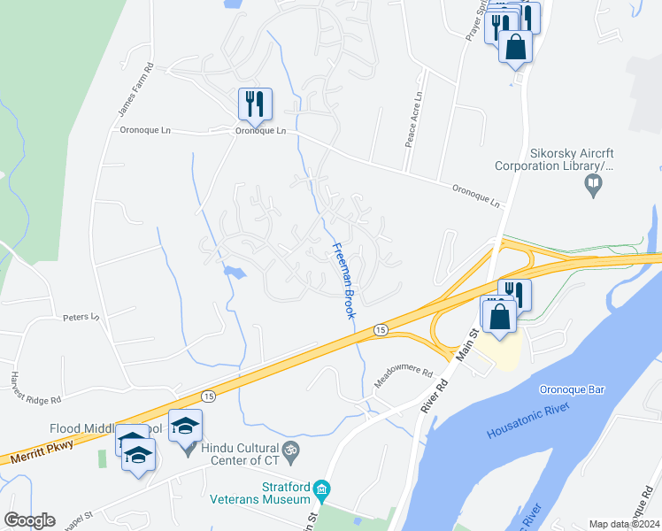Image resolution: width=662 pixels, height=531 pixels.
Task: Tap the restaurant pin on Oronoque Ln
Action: pos(255,104)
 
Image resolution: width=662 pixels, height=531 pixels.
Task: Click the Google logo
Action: pos(30,520)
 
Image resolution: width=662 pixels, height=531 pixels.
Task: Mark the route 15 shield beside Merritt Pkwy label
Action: pos(208,396)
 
